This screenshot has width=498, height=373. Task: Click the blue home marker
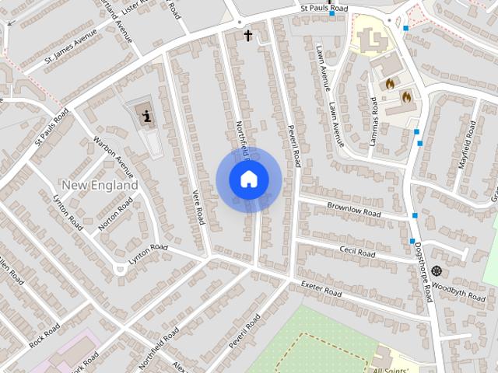coord(248,180)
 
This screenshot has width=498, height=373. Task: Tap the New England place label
coord(99,186)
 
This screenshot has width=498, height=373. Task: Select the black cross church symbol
coord(248,35)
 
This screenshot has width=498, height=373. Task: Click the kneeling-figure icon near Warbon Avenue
coord(146,117)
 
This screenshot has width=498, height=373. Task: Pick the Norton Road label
coord(115,214)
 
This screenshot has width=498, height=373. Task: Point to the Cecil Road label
coord(357,253)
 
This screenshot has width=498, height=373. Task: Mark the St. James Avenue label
coord(71,51)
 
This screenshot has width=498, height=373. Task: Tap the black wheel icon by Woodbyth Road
coord(436,270)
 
